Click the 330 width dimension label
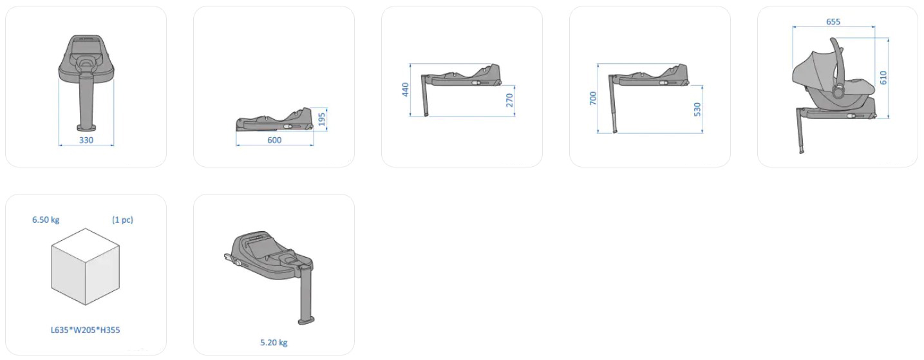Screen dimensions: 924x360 pos(86,140)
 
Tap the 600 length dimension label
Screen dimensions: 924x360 pos(274,140)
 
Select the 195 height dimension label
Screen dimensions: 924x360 pos(322,120)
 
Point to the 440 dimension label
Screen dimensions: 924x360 pos(405,90)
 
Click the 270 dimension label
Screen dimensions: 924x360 pos(509,100)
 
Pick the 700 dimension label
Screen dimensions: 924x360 pos(593,98)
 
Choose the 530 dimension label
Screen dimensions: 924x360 pos(697,109)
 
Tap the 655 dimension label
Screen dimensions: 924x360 pos(833,22)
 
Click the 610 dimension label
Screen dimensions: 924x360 pos(883,77)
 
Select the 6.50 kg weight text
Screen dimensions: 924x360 pos(46,220)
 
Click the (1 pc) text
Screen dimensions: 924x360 pos(122,220)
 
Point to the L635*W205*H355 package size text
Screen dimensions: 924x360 pos(86,330)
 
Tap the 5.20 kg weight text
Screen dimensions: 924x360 pos(274,343)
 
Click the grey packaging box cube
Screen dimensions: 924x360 pos(86,267)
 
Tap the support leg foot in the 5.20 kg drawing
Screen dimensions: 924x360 pos(306,321)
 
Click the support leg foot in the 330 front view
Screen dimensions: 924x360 pos(87,127)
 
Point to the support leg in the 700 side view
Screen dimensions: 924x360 pos(612,104)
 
